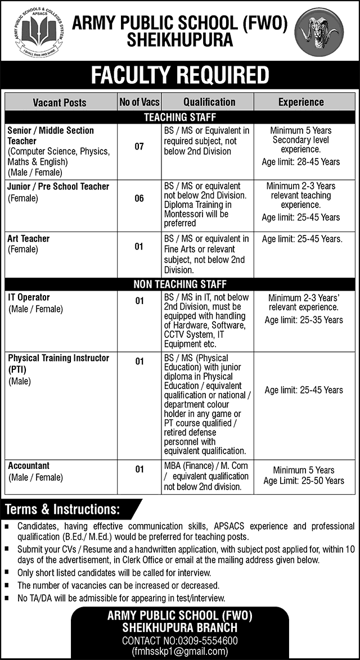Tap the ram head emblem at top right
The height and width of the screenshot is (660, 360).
pyautogui.click(x=319, y=33)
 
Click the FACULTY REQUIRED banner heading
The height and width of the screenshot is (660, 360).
pyautogui.click(x=179, y=75)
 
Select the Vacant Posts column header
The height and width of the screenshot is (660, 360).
pyautogui.click(x=60, y=102)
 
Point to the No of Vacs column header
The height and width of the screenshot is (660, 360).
pyautogui.click(x=139, y=102)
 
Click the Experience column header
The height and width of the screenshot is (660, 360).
pyautogui.click(x=301, y=102)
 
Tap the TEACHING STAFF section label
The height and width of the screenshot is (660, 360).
pyautogui.click(x=179, y=117)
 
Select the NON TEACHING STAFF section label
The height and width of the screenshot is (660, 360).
pyautogui.click(x=179, y=284)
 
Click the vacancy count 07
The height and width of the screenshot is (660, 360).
pyautogui.click(x=139, y=147)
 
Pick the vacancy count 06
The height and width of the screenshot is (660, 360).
pyautogui.click(x=139, y=198)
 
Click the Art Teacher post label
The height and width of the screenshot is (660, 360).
pyautogui.click(x=29, y=238)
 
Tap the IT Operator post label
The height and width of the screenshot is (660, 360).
pyautogui.click(x=29, y=297)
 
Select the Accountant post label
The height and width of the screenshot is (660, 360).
pyautogui.click(x=29, y=465)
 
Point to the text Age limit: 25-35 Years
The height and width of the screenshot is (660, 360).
pyautogui.click(x=304, y=320)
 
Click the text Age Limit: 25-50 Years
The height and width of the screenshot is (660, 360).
pyautogui.click(x=304, y=481)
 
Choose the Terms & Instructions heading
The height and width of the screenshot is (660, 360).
pyautogui.click(x=62, y=509)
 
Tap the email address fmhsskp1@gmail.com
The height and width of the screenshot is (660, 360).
pyautogui.click(x=179, y=652)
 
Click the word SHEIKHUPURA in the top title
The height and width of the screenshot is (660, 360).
pyautogui.click(x=179, y=39)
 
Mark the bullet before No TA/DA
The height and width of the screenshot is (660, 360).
pyautogui.click(x=7, y=598)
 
